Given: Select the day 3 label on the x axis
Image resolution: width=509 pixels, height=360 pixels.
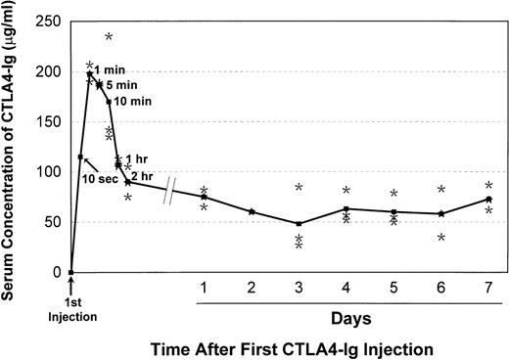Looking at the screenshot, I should tap(299, 287).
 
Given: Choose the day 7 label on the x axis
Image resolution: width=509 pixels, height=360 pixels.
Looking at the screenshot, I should tap(488, 287).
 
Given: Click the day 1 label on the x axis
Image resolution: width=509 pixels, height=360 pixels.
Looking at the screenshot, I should tap(204, 287).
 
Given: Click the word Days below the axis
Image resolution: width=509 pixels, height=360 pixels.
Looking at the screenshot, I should tap(347, 318).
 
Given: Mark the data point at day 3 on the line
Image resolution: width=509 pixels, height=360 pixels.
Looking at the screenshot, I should tap(299, 223).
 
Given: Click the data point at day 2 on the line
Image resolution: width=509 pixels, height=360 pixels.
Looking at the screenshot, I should tap(252, 211).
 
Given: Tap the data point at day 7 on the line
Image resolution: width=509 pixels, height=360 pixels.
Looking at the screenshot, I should tap(488, 199).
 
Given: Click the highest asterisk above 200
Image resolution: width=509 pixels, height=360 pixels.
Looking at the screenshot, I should tap(109, 37).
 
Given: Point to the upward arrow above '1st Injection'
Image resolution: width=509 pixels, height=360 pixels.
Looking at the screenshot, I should tap(71, 285).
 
